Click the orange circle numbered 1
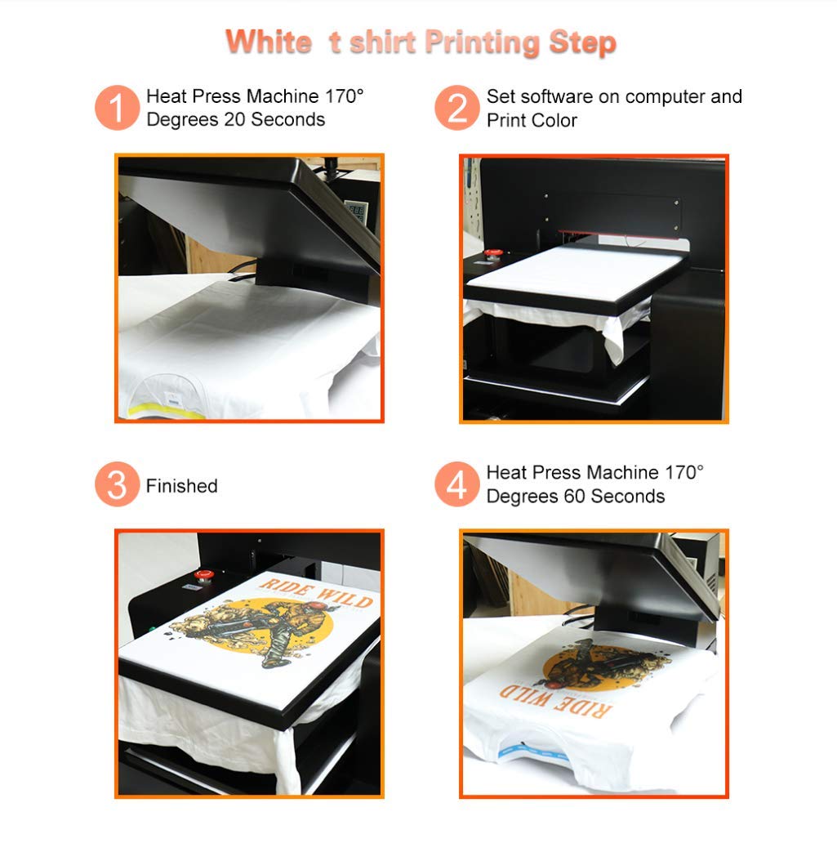pos(118,108)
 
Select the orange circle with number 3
pos(118,484)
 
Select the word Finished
pos(181,486)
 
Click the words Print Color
pos(532,120)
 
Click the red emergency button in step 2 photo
pos(492,253)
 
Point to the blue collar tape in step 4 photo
pos(523,746)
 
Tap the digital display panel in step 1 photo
pos(354,212)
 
